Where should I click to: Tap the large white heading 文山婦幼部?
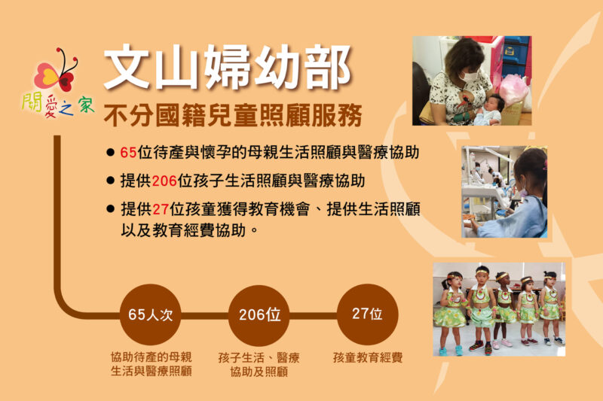click(228, 67)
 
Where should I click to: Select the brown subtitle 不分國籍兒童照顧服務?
click(233, 115)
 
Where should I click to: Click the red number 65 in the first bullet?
click(128, 152)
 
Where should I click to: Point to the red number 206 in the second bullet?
click(164, 181)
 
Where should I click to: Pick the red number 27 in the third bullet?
click(161, 209)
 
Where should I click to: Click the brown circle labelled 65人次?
click(150, 314)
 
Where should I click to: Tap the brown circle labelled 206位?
click(259, 315)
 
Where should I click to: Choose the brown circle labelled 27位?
click(367, 314)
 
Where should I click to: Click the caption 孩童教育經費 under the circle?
click(368, 357)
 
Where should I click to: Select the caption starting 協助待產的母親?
click(152, 364)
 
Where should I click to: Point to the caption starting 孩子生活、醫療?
click(259, 365)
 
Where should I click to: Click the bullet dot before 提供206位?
click(110, 181)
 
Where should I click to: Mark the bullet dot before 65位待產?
click(110, 153)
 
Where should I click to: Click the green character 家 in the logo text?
click(87, 105)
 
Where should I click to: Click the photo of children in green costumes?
click(499, 309)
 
